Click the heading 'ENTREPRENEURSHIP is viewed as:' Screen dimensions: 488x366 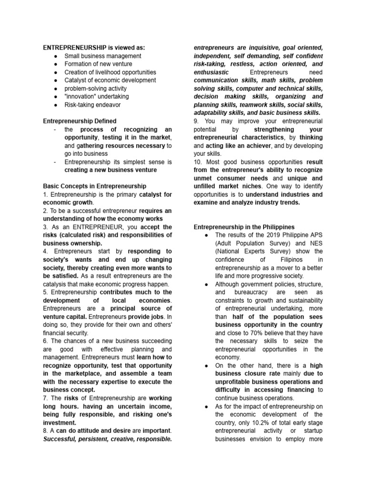(94, 48)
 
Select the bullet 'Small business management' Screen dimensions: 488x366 (102, 56)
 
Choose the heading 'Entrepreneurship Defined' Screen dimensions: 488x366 (80, 121)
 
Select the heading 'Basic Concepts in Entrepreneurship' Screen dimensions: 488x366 (94, 186)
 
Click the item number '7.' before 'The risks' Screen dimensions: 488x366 (46, 398)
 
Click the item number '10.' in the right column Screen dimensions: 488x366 (198, 162)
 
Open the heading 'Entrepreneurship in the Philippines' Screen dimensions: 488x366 (244, 227)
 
